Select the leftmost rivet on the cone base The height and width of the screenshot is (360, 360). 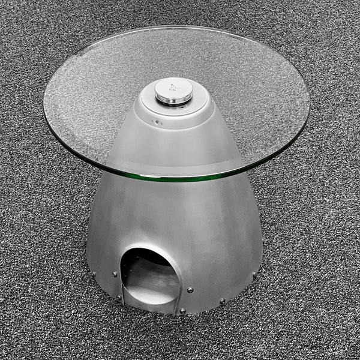(x=93, y=275)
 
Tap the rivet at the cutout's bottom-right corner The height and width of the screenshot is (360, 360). (x=181, y=311)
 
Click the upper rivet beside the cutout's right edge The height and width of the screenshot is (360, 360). (x=190, y=289)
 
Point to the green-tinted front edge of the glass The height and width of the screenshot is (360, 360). (x=180, y=178)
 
